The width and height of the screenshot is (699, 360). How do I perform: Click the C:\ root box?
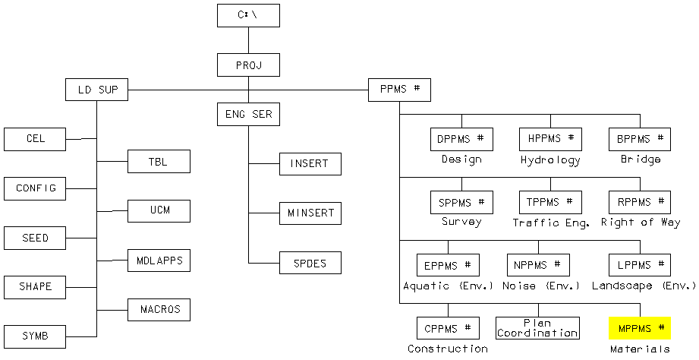pyautogui.click(x=248, y=15)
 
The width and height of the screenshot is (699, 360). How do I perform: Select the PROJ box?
pyautogui.click(x=248, y=65)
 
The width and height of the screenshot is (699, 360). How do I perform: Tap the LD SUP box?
pyautogui.click(x=96, y=90)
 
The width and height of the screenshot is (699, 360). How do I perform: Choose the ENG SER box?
pyautogui.click(x=248, y=115)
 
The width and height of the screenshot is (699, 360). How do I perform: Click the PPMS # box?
pyautogui.click(x=399, y=90)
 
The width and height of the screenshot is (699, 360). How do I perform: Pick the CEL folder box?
pyautogui.click(x=35, y=139)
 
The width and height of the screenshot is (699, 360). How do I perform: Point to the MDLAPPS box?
pyautogui.click(x=159, y=261)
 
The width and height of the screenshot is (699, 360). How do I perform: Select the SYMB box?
pyautogui.click(x=35, y=336)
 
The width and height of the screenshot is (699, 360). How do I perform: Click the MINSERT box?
pyautogui.click(x=310, y=213)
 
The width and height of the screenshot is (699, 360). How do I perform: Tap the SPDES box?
pyautogui.click(x=310, y=262)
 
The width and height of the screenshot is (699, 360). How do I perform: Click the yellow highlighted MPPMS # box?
pyautogui.click(x=639, y=328)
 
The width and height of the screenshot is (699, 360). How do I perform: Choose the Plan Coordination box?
pyautogui.click(x=537, y=328)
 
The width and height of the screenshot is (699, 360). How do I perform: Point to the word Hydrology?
pyautogui.click(x=550, y=160)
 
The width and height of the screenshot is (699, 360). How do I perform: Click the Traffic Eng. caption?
pyautogui.click(x=550, y=223)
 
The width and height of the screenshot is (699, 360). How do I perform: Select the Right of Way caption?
pyautogui.click(x=639, y=223)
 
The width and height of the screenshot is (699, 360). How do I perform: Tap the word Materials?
pyautogui.click(x=639, y=349)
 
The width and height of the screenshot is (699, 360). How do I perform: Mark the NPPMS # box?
pyautogui.click(x=537, y=265)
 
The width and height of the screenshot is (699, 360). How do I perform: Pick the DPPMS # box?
pyautogui.click(x=461, y=139)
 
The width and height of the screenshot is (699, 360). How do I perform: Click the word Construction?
pyautogui.click(x=448, y=349)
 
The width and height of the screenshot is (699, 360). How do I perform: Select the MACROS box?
pyautogui.click(x=159, y=309)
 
